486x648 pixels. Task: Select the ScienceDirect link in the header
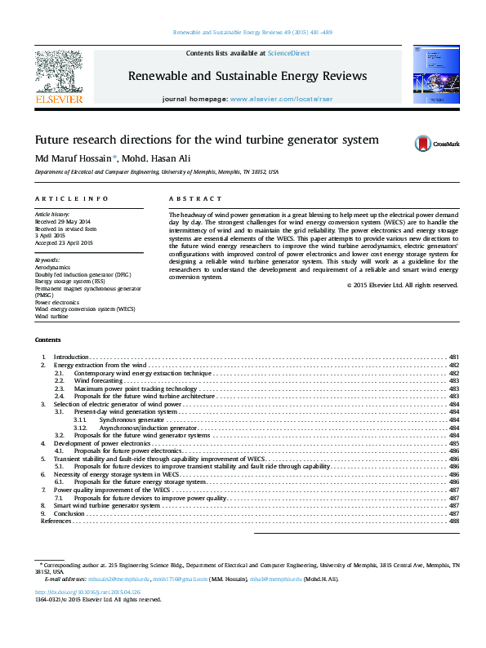coord(285,53)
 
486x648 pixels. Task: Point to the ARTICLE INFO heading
coord(72,199)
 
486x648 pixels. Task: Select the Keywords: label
coord(48,260)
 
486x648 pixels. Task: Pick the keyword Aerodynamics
coord(51,267)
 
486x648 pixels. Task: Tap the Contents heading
coord(47,340)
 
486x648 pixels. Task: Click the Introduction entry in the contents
coord(70,357)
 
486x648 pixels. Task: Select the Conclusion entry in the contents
coord(69,513)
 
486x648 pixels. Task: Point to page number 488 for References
coord(454,521)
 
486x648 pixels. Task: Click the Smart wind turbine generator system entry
coord(106,505)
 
